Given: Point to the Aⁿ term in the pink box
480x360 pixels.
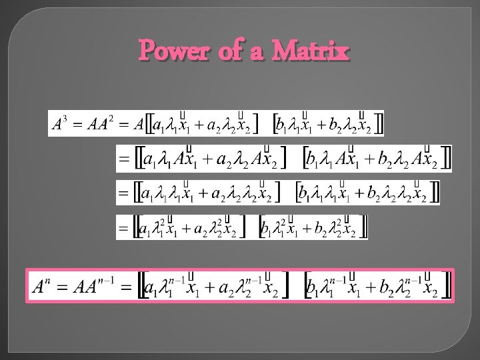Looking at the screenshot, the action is [41, 287].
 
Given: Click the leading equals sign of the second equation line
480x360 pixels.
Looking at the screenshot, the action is [123, 160].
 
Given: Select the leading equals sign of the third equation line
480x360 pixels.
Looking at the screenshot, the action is [123, 194].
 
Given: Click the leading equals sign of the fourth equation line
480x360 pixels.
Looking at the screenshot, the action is [123, 229].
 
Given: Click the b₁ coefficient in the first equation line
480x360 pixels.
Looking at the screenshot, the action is [282, 125].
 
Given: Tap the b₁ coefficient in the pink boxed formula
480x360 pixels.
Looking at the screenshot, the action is [312, 289].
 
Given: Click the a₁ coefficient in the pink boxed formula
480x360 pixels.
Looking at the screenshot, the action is [153, 289].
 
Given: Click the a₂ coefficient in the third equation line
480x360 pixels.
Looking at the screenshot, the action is [218, 195].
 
